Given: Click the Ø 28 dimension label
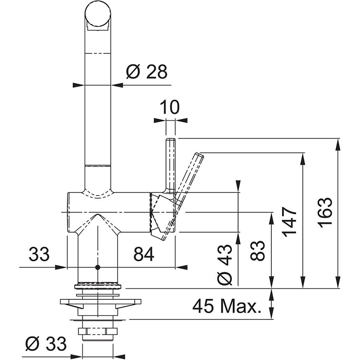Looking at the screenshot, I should pos(146,72).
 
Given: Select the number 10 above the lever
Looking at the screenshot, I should pos(170,107).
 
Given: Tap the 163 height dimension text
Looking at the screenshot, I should pos(325,212).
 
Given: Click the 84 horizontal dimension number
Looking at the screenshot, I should pos(144,254).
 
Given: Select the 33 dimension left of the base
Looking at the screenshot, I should pos(39,254).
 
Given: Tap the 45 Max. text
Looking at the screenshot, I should pos(226,307).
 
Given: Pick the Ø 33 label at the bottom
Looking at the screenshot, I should pos(46,344).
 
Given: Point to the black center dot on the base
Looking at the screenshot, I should pos(98,267).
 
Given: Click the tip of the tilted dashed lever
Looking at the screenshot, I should pos(199,157).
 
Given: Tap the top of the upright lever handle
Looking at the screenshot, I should pos(170,141).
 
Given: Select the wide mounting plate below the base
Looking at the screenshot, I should pos(100,302).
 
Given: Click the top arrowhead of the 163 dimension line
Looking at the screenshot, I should pos(337,142).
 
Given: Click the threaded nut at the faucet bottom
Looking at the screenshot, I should pos(98,333).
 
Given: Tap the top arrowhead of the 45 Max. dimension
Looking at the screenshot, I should pos(273,294).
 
